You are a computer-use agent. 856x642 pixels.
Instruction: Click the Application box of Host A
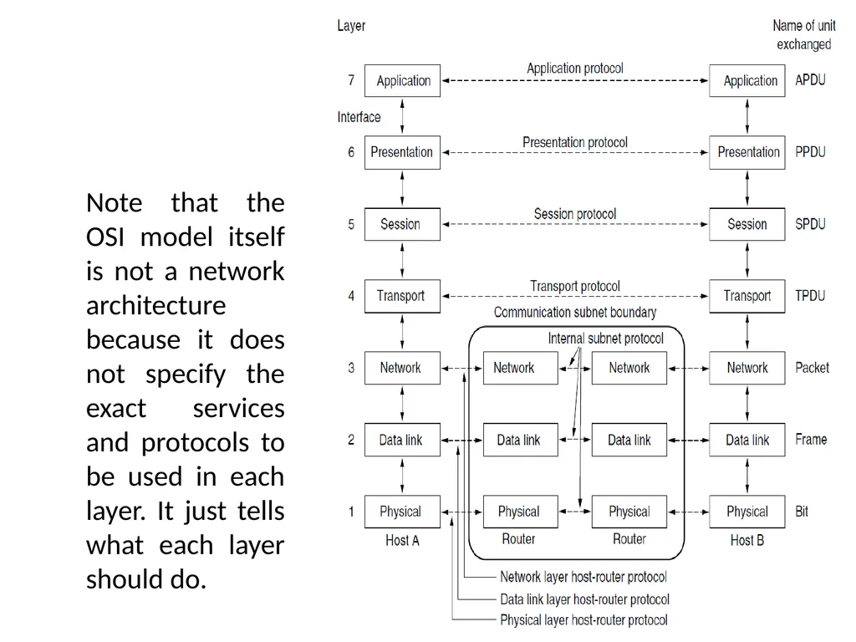402,81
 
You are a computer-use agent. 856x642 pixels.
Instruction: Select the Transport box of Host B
746,296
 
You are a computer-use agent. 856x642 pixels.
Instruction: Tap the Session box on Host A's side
402,224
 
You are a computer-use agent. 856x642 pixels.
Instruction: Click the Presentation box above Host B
746,152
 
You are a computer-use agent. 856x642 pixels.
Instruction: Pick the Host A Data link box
402,440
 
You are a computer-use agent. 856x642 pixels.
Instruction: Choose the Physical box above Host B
746,512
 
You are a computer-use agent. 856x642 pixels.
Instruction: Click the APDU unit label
810,80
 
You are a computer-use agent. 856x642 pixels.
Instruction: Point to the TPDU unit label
810,296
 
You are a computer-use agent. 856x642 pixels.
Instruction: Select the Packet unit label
812,368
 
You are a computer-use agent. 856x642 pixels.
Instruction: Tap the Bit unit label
802,512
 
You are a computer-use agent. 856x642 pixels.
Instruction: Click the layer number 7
351,80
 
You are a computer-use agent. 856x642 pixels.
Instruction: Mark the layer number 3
351,368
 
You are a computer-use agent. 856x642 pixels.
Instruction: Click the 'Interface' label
359,117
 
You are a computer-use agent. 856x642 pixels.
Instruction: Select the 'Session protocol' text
575,214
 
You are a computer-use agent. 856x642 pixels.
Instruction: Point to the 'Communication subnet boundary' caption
575,313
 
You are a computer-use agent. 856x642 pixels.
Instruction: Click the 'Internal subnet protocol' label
605,339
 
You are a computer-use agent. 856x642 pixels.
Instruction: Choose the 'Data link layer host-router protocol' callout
584,599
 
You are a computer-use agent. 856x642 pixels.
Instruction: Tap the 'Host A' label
402,541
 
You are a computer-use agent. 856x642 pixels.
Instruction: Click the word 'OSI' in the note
105,237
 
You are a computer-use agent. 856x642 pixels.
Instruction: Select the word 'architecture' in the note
156,305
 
